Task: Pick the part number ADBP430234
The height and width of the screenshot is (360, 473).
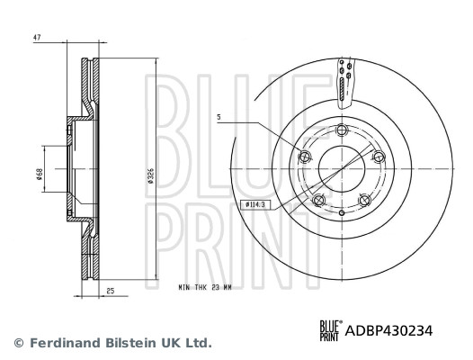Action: click(x=389, y=331)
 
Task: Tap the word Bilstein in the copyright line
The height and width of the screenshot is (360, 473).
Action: click(x=119, y=343)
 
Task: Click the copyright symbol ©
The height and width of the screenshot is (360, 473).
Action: click(x=17, y=343)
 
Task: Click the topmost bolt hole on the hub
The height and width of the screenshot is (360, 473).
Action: click(x=341, y=132)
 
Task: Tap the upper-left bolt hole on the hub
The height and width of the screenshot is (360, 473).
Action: click(x=303, y=158)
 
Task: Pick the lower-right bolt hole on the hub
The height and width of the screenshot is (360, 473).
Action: click(x=363, y=201)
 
